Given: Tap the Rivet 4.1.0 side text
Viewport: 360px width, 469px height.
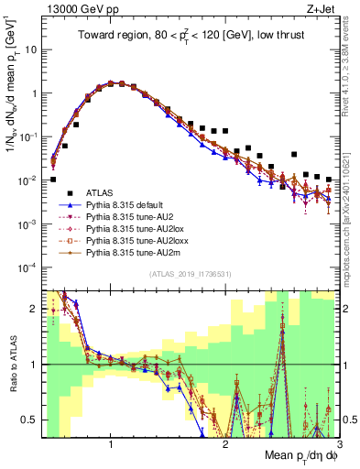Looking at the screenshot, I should click(348, 64).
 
